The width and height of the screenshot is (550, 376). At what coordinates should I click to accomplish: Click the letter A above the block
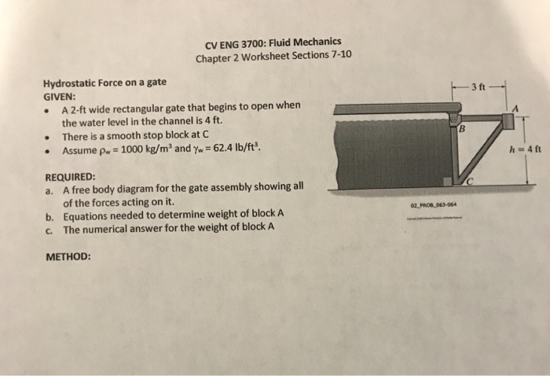[x=515, y=108]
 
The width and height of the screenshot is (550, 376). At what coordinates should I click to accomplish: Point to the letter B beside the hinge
[x=463, y=131]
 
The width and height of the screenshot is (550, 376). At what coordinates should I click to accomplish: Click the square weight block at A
[x=507, y=120]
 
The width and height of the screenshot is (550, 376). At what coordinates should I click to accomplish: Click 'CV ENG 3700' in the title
[x=232, y=43]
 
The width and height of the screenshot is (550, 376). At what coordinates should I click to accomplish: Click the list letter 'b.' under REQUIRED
[x=49, y=215]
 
